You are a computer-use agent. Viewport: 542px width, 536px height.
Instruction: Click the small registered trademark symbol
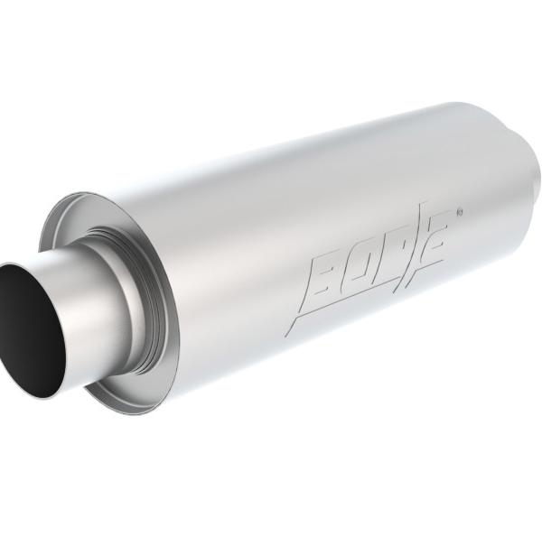[459, 214]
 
